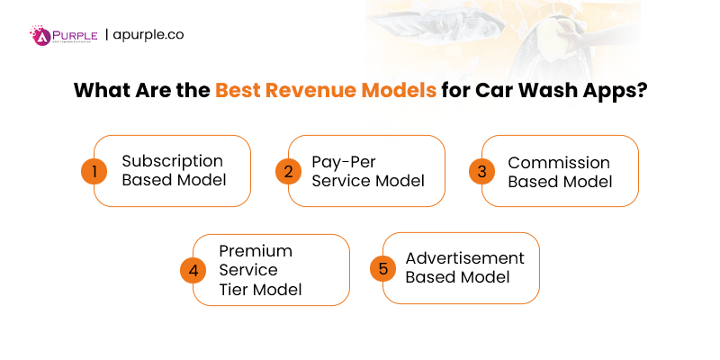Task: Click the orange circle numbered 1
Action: [94, 171]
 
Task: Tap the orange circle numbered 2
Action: [288, 171]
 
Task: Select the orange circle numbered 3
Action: [482, 171]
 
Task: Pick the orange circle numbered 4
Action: [193, 270]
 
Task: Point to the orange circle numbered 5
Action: [383, 268]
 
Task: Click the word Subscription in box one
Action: [172, 161]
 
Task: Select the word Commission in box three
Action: [559, 163]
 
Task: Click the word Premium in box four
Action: [256, 250]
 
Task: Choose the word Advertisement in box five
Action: [464, 257]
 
